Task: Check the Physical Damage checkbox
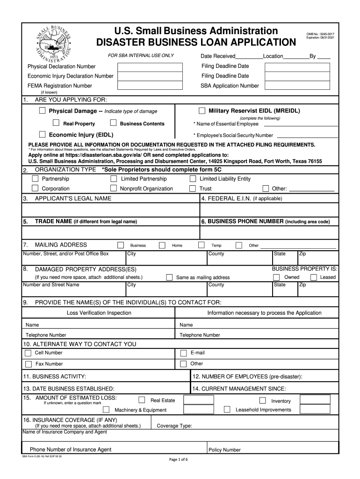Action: [x=43, y=111]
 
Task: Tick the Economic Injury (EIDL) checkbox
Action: [x=43, y=134]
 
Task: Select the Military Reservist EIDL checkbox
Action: [x=202, y=111]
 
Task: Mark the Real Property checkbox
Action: [x=56, y=123]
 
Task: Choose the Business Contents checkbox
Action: [x=113, y=123]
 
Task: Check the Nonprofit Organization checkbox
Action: [x=114, y=189]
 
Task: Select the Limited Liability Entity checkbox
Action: [x=193, y=179]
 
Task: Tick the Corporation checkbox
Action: [x=35, y=189]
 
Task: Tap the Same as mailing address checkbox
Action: [x=169, y=277]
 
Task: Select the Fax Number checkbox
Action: [x=29, y=364]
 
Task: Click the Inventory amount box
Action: [x=315, y=399]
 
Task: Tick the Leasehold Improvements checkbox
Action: [x=227, y=409]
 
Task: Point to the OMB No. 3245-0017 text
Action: [x=320, y=34]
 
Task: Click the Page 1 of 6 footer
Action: [x=179, y=459]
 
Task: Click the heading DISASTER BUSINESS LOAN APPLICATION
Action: [x=196, y=43]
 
